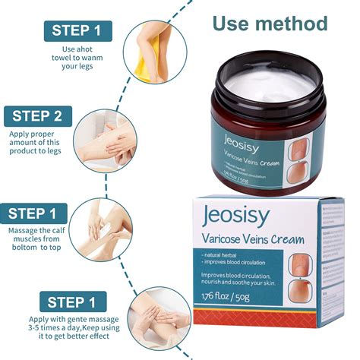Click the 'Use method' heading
coord(270,23)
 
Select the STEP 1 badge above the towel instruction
coord(76,31)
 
